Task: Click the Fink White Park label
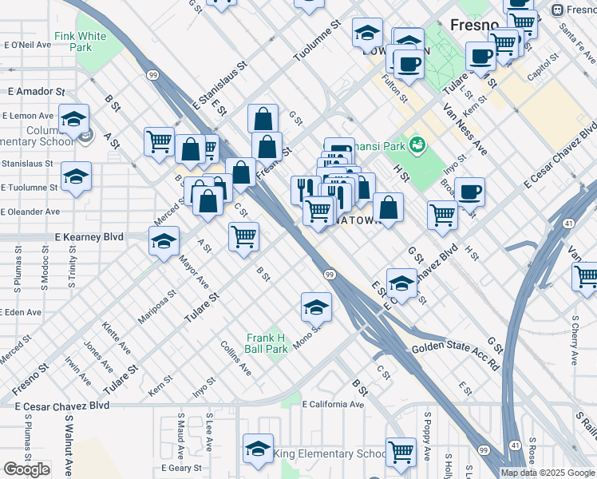pyautogui.click(x=80, y=42)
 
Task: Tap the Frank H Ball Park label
pyautogui.click(x=266, y=343)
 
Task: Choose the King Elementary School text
pyautogui.click(x=330, y=454)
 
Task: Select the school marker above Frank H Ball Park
pyautogui.click(x=316, y=307)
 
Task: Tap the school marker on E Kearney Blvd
pyautogui.click(x=164, y=242)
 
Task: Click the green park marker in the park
pyautogui.click(x=415, y=144)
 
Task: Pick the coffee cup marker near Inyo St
pyautogui.click(x=469, y=192)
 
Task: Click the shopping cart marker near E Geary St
pyautogui.click(x=401, y=452)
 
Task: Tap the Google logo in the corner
pyautogui.click(x=26, y=469)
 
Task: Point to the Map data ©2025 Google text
pyautogui.click(x=548, y=473)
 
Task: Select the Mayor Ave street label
pyautogui.click(x=194, y=272)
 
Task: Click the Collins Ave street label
pyautogui.click(x=236, y=359)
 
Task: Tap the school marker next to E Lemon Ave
pyautogui.click(x=73, y=121)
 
